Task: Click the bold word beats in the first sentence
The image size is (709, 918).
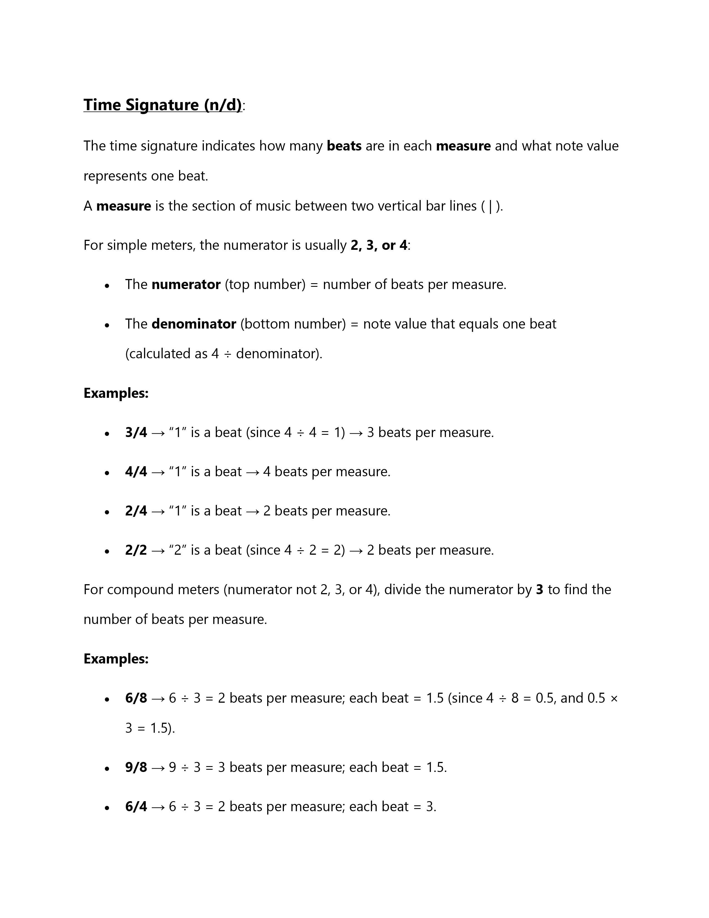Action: [344, 146]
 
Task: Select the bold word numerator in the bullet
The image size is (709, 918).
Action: [186, 285]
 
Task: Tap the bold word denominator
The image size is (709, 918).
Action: [194, 324]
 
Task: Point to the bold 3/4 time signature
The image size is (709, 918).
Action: [136, 433]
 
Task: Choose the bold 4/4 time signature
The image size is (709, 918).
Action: [136, 472]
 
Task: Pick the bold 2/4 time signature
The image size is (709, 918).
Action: [136, 511]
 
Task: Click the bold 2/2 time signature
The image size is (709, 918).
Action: [136, 550]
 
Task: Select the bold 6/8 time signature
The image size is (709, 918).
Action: [136, 698]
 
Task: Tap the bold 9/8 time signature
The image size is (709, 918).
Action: [136, 768]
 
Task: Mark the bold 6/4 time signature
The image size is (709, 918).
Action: [136, 807]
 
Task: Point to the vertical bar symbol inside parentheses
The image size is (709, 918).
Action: [490, 206]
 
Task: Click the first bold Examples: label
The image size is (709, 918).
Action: [116, 393]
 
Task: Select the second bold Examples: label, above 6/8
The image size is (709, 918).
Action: [116, 659]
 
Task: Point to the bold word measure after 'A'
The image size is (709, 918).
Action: [123, 206]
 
